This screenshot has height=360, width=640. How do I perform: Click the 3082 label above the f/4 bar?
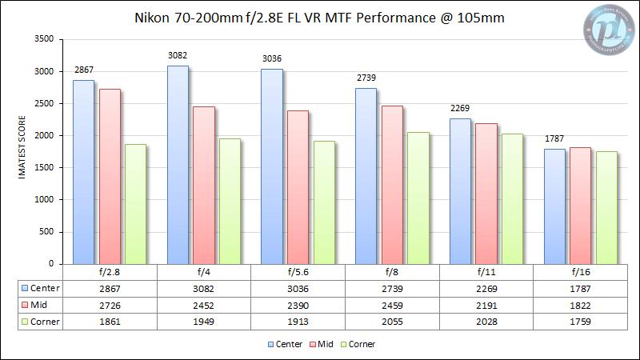pyautogui.click(x=178, y=57)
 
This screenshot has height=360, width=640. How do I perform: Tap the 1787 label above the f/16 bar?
pyautogui.click(x=555, y=139)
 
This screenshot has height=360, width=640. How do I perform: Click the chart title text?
pyautogui.click(x=319, y=18)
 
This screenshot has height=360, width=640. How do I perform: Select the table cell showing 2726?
pyautogui.click(x=110, y=305)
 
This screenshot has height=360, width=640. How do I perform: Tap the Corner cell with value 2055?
pyautogui.click(x=392, y=322)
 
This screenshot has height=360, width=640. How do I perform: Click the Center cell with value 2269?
pyautogui.click(x=486, y=288)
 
